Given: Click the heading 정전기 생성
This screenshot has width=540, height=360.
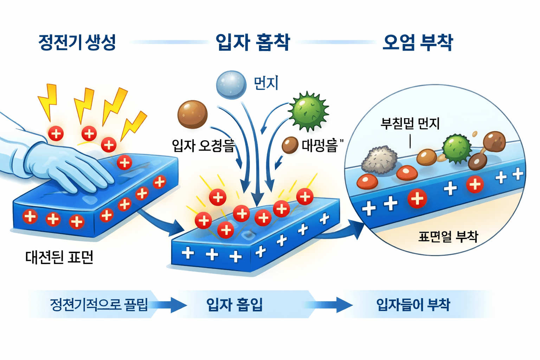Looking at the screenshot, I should coord(77,43).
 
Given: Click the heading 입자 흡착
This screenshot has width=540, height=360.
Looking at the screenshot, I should coord(252,43).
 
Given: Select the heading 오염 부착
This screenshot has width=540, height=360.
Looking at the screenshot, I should coord(418,43).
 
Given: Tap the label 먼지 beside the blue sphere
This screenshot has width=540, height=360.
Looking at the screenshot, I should coord(266,83).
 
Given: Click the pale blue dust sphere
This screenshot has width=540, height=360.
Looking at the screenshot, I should coord(231,85).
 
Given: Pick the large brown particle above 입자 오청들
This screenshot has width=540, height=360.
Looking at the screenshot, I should coord(192,114).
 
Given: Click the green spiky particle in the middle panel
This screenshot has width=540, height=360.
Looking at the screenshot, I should coord(308,111).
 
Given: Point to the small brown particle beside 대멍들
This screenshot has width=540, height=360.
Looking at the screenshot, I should coord(290,145).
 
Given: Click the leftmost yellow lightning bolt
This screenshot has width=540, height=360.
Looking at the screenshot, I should coord(49,101).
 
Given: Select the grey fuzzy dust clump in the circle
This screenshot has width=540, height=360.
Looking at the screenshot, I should coord(379,160).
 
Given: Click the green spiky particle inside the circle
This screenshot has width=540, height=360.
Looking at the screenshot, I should coord(456,148).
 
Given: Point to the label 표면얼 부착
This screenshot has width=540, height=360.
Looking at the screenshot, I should coord(448,236).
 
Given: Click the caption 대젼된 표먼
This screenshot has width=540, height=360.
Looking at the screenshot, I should coord(59,257).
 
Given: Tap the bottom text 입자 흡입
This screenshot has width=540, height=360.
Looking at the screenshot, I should coord(234,304).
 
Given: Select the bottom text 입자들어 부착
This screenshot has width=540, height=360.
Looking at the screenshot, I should coord(413,304).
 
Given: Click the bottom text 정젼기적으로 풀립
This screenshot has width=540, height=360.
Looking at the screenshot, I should coord(99,304).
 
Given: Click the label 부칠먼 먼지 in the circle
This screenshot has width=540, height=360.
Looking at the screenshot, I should coord(410,123).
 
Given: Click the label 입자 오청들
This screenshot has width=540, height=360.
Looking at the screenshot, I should coord(203,145).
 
